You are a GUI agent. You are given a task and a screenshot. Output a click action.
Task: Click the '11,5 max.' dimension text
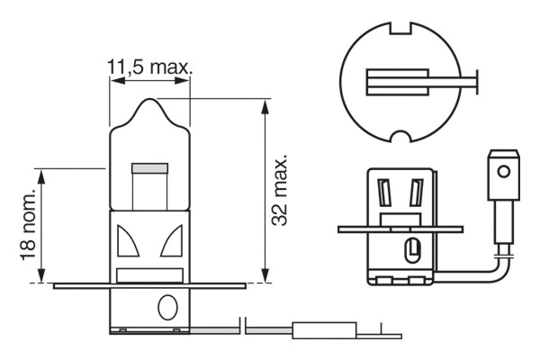[150, 67]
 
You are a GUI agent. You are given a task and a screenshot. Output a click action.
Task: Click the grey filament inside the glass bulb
[150, 168]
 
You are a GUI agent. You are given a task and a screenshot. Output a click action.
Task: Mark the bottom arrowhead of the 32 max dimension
[265, 276]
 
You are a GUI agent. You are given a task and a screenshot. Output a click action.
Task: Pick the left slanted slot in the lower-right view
[384, 193]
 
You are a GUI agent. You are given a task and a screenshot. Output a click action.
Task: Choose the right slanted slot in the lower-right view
[415, 193]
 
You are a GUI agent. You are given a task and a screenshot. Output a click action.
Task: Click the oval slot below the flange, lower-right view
[413, 248]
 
